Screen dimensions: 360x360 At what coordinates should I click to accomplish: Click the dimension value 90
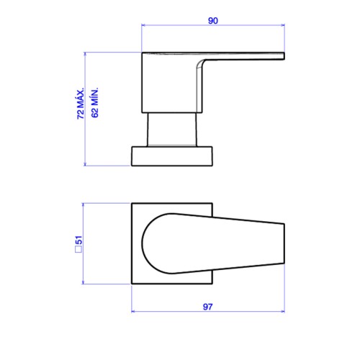coord(213,21)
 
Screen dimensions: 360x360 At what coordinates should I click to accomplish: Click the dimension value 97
coord(207,307)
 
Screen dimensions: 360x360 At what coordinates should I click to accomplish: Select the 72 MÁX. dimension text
coord(81,103)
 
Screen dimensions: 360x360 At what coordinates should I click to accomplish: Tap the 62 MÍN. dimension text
coord(95,102)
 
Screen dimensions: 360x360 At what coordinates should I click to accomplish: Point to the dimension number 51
coord(78,240)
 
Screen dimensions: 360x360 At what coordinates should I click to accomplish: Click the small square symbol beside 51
coord(78,249)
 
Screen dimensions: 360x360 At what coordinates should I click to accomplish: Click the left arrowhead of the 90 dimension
coord(143,25)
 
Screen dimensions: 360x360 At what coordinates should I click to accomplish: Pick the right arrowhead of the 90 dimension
coord(282,25)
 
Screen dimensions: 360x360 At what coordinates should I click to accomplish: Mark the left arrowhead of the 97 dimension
coord(134,312)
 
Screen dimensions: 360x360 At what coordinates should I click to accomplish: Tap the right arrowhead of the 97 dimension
coord(282,312)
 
